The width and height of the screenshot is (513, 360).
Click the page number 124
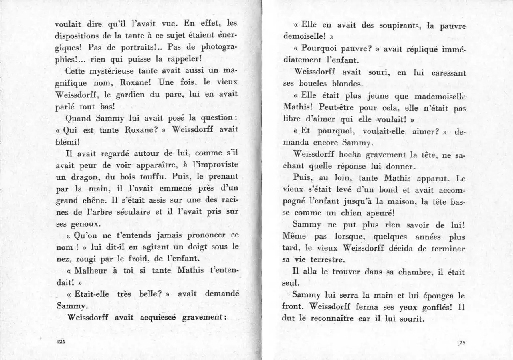[61, 342]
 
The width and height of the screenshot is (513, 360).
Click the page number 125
[460, 342]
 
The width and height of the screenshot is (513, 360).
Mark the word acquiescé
[159, 318]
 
